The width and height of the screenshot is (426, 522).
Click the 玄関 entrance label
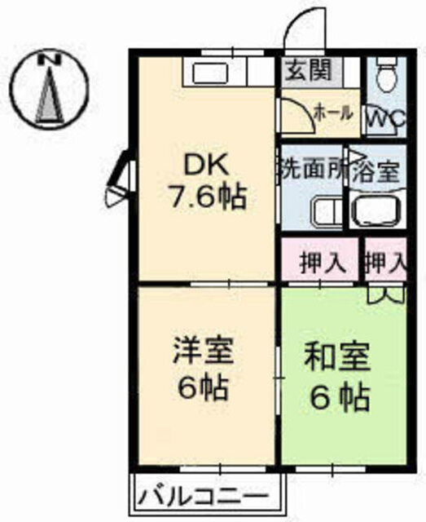[x=310, y=71]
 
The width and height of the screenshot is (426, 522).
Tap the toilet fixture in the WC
[x=387, y=74]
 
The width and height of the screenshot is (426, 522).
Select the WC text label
[x=386, y=117]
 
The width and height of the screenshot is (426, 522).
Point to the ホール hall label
[x=333, y=113]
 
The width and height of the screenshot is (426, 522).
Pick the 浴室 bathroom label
[x=375, y=172]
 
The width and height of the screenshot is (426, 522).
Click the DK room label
[x=206, y=166]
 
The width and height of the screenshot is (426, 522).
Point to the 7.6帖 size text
[x=209, y=197]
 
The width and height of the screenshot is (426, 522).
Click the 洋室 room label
[x=204, y=352]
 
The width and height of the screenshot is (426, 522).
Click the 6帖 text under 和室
[x=340, y=397]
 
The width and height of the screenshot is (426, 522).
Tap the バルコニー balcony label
[x=203, y=498]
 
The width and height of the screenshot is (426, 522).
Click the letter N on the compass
[x=50, y=60]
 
